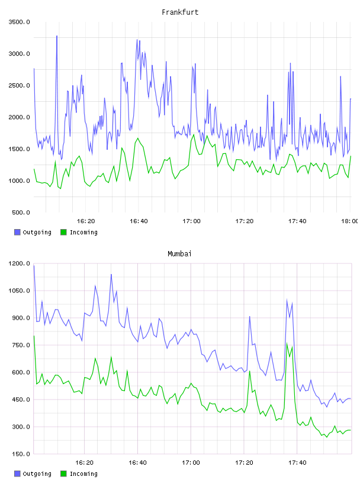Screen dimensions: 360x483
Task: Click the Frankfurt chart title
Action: tap(180, 12)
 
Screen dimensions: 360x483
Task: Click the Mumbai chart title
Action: tap(179, 254)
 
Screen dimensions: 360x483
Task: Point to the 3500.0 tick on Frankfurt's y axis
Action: tap(20, 22)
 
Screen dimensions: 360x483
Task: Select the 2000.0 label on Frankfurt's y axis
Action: tap(20, 117)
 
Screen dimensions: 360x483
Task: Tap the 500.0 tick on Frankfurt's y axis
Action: tap(21, 212)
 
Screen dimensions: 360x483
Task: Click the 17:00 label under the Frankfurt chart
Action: tap(191, 221)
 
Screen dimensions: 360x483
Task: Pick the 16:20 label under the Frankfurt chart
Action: tap(86, 221)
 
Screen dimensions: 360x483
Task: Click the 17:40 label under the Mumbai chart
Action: tap(297, 463)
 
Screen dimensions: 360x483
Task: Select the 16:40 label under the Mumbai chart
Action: tap(137, 463)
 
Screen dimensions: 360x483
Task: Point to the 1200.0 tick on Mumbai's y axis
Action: tap(20, 263)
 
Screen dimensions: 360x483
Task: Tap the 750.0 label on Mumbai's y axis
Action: tap(21, 345)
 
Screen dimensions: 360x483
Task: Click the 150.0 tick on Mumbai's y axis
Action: tap(21, 454)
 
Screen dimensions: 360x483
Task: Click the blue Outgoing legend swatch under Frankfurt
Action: tap(17, 232)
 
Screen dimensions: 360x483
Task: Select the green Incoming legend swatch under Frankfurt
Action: tap(63, 232)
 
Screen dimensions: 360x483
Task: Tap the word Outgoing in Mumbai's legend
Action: tap(37, 474)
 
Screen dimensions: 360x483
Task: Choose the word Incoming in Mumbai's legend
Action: tap(83, 474)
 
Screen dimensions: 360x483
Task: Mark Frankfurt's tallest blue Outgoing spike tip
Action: tap(57, 36)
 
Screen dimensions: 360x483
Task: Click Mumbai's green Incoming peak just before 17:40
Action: tap(287, 343)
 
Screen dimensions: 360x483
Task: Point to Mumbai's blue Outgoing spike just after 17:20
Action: tap(250, 316)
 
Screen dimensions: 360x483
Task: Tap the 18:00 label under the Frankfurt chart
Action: tap(349, 221)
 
